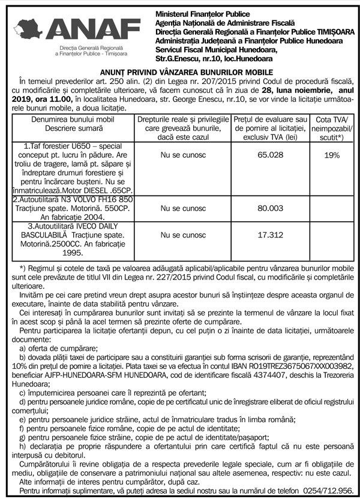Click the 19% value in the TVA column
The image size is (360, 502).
click(x=331, y=155)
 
